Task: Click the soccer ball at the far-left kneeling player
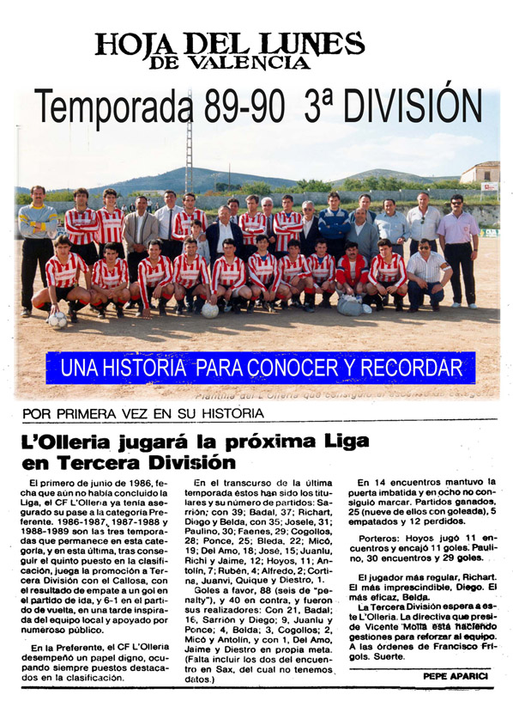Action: tap(57, 320)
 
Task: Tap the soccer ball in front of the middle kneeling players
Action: tap(210, 309)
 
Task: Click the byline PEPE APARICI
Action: tap(454, 676)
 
